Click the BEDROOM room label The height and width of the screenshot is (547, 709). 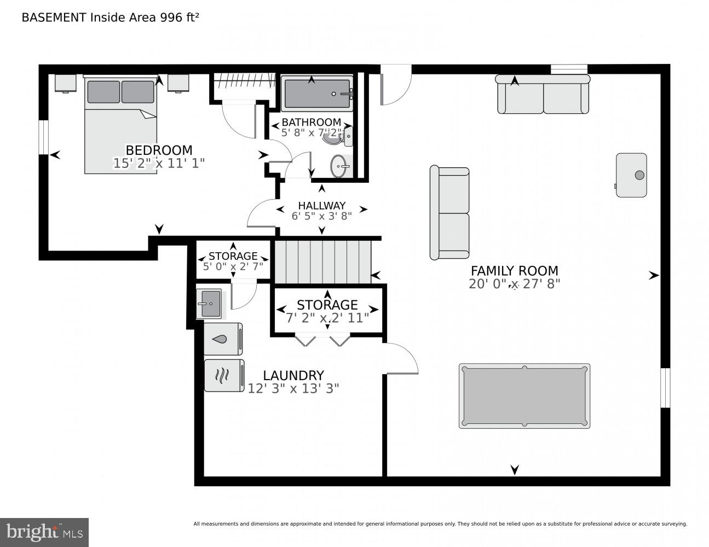click(159, 150)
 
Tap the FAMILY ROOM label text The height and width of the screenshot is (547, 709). click(514, 270)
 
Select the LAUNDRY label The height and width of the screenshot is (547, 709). click(293, 375)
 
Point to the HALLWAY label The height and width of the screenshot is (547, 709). click(321, 206)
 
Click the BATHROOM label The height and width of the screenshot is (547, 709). click(311, 122)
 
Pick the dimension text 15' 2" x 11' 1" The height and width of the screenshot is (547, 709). click(159, 163)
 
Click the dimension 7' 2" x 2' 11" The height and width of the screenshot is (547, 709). click(327, 317)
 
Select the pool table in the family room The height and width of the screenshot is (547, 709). click(524, 396)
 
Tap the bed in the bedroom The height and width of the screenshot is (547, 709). click(120, 126)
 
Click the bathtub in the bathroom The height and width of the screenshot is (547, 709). click(317, 94)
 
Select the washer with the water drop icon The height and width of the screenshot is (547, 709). click(223, 339)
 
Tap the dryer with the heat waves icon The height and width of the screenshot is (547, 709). click(223, 375)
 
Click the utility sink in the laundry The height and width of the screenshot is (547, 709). click(209, 304)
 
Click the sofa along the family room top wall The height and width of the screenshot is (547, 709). click(543, 95)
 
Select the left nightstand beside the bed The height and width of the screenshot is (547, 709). click(65, 83)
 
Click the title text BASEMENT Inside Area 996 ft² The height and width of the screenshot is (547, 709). click(109, 17)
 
